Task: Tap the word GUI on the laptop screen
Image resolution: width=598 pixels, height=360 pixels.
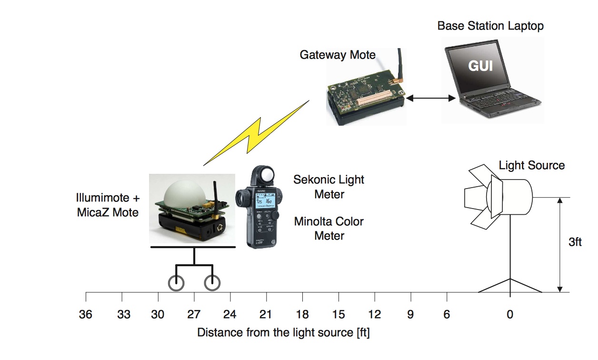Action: pos(480,66)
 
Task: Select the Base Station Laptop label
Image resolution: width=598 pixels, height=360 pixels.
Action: pos(490,26)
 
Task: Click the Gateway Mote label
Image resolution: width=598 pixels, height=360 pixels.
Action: pos(337,55)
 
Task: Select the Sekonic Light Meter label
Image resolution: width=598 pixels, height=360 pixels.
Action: pos(329,187)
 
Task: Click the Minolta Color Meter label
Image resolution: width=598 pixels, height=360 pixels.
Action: pos(329,228)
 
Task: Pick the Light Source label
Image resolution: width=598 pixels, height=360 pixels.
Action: pos(531,166)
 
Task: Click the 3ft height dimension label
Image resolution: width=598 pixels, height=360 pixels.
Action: pos(575,242)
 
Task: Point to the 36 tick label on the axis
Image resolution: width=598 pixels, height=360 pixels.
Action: pos(86,315)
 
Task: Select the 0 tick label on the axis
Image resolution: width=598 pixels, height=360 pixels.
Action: pos(510,315)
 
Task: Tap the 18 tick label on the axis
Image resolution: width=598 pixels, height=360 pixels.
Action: pos(302,315)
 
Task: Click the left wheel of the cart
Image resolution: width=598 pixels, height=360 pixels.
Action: pos(176,283)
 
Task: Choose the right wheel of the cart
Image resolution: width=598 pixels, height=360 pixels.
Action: pos(212,283)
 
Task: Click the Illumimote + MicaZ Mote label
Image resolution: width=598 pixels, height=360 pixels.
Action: pos(108,205)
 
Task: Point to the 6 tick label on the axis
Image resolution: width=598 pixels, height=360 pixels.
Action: pos(447,315)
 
